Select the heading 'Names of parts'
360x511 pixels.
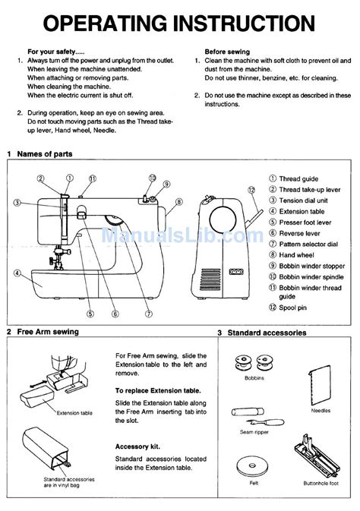click(x=47, y=153)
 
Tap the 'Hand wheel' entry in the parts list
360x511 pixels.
click(x=297, y=255)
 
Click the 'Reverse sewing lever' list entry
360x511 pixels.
click(x=300, y=234)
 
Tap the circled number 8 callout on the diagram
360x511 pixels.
click(x=178, y=201)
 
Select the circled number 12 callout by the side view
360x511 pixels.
click(x=251, y=189)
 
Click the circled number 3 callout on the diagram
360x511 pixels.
click(x=17, y=203)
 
